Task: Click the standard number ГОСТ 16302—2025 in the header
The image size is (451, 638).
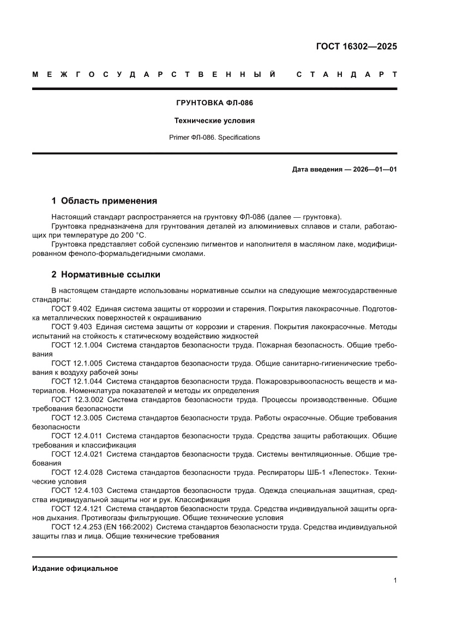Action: click(x=356, y=46)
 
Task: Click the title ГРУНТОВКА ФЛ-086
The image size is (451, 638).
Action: click(x=214, y=103)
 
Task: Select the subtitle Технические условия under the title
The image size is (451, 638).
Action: click(x=214, y=120)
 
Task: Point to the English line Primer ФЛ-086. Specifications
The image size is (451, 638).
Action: click(x=214, y=138)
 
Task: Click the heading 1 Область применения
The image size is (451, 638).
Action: click(x=104, y=200)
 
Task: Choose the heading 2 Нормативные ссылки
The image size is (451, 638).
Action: click(x=106, y=275)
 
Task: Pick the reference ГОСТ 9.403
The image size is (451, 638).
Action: click(x=71, y=327)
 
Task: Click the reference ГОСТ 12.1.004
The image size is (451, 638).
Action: click(x=76, y=345)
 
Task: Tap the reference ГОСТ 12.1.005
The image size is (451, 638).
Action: click(x=76, y=363)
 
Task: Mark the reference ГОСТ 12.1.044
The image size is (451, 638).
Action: click(x=76, y=381)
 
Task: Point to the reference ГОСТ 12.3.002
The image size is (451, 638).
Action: click(x=76, y=400)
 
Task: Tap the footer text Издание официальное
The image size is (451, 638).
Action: click(x=75, y=568)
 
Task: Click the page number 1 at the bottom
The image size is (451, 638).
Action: click(x=395, y=580)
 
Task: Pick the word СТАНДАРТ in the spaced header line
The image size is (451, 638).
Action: click(x=346, y=74)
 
